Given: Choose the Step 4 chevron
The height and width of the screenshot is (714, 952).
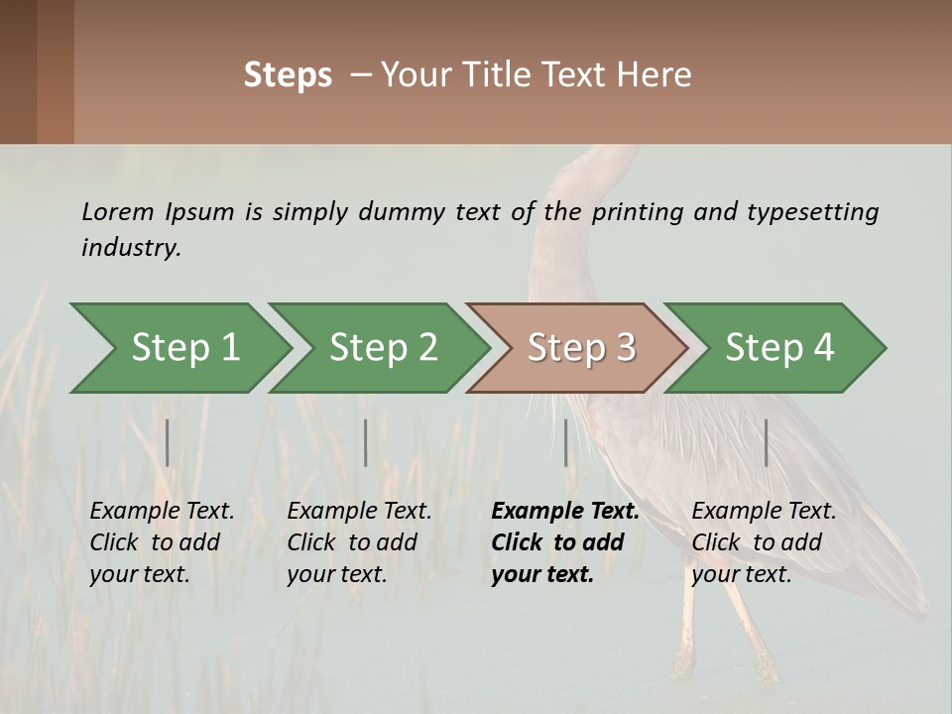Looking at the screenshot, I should coord(778,348).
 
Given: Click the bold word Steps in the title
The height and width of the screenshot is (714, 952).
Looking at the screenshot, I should coord(288,75).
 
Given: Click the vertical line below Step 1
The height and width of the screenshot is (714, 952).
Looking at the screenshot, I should coord(168,442).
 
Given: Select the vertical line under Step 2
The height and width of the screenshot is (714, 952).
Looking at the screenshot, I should coord(366,442).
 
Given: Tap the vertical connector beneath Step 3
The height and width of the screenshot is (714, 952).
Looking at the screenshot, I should coord(565,442).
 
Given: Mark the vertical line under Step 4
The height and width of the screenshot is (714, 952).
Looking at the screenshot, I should coord(766,442).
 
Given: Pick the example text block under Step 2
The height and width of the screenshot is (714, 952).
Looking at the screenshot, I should coord(358,542).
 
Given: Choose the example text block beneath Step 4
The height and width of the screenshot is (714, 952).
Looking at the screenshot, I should coord(763,542).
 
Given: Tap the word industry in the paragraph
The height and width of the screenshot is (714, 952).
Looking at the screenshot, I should coord(130,248).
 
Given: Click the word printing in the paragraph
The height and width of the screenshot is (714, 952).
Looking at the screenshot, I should coord(635,212).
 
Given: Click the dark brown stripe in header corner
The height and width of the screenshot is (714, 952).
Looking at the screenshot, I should coord(18,71).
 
